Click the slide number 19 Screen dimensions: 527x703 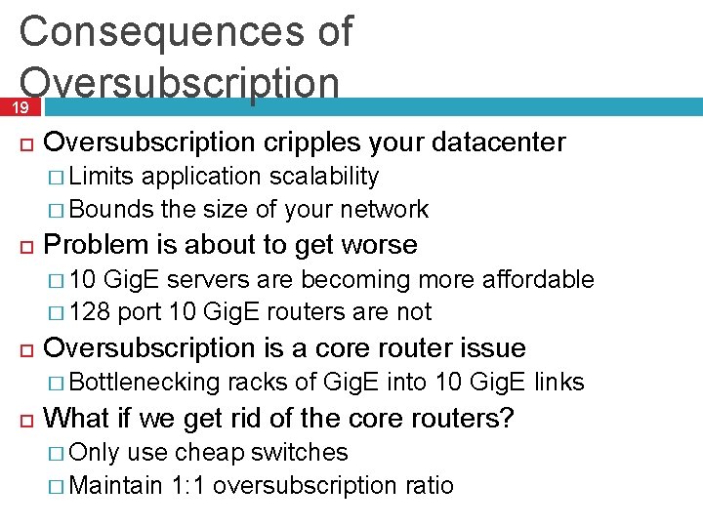pyautogui.click(x=20, y=108)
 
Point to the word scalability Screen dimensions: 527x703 pyautogui.click(x=324, y=177)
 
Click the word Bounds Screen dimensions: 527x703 pyautogui.click(x=112, y=209)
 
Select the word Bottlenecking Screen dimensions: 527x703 pyautogui.click(x=145, y=383)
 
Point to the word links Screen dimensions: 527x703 pyautogui.click(x=558, y=383)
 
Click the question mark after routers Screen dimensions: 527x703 pyautogui.click(x=507, y=419)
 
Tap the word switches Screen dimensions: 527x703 pyautogui.click(x=300, y=453)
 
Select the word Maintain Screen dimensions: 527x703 pyautogui.click(x=116, y=485)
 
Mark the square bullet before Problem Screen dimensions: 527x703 pyautogui.click(x=25, y=245)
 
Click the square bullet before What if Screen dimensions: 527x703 pyautogui.click(x=25, y=420)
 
